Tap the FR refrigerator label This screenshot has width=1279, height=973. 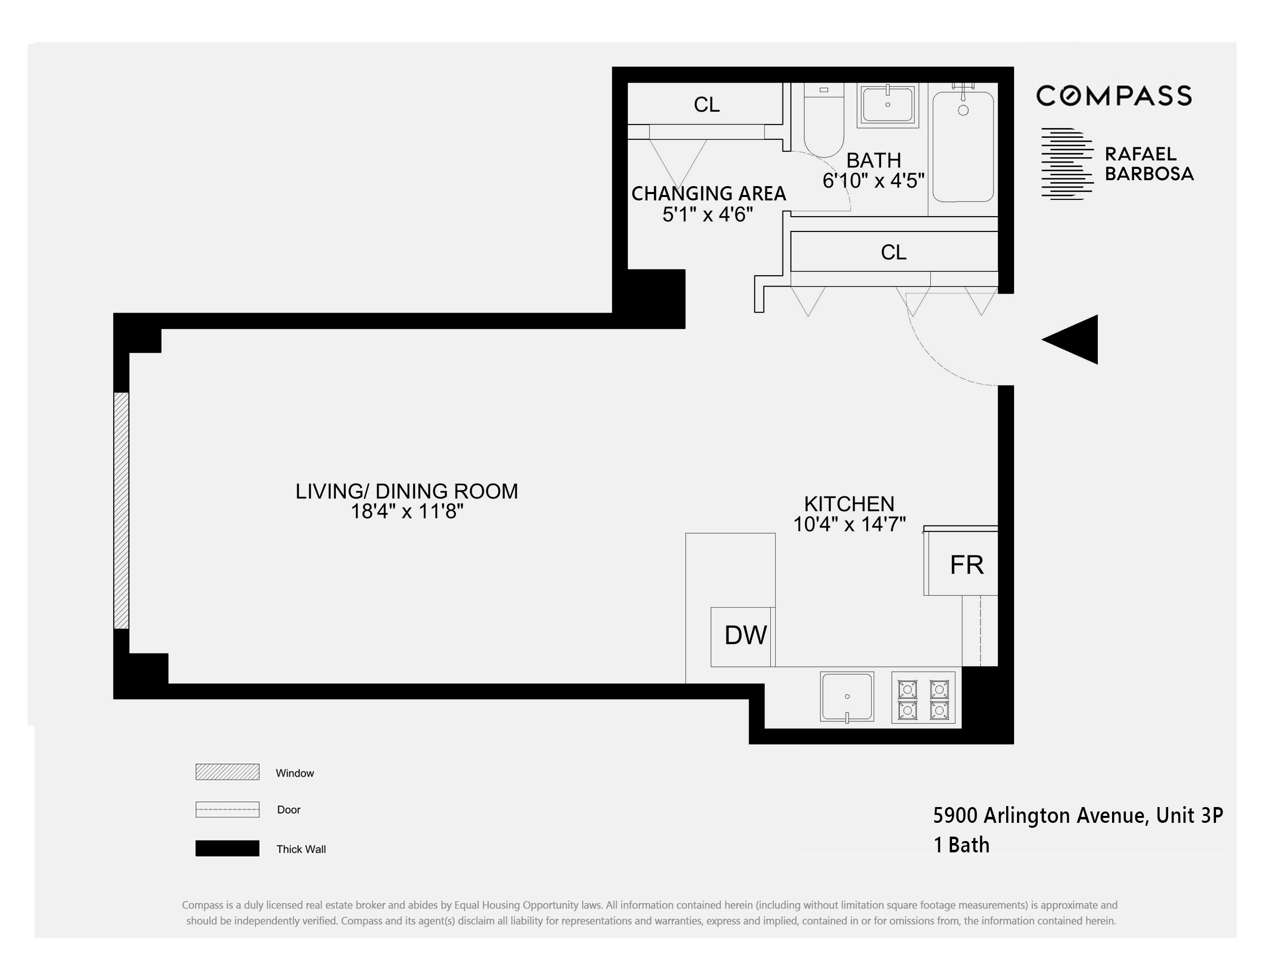(x=966, y=565)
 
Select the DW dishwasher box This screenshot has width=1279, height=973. (x=743, y=636)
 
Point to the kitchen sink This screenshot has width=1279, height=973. (x=846, y=696)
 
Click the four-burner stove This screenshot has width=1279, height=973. (x=923, y=697)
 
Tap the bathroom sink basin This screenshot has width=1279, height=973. (x=887, y=104)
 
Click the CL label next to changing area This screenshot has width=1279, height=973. (x=707, y=105)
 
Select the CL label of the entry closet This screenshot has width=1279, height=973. (x=893, y=253)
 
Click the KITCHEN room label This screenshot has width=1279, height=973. (x=849, y=503)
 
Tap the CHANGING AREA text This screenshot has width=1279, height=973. (x=708, y=194)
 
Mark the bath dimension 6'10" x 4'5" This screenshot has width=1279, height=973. (x=873, y=181)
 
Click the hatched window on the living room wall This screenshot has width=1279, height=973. (x=121, y=510)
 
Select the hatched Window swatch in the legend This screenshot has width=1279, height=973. (x=227, y=772)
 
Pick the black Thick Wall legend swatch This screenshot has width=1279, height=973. (x=227, y=848)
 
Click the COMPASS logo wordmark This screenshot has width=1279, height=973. (x=1114, y=96)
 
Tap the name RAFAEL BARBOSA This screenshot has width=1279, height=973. (x=1148, y=164)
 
